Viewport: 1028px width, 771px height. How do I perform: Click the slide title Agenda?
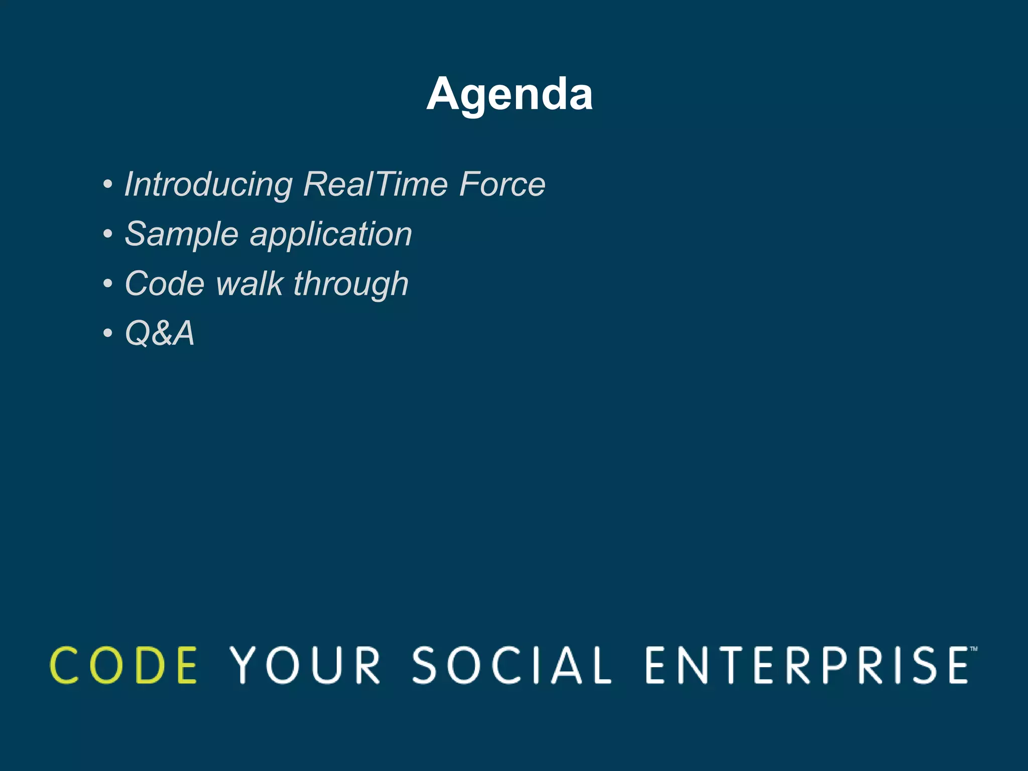(x=509, y=94)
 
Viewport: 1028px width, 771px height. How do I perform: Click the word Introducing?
(x=208, y=184)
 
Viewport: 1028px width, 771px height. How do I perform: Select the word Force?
(x=502, y=184)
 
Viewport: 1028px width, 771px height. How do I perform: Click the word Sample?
(x=181, y=234)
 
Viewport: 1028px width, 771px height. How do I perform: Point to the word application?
(x=331, y=235)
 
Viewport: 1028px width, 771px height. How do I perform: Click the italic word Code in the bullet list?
(x=165, y=284)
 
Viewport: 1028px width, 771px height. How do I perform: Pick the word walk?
(x=249, y=284)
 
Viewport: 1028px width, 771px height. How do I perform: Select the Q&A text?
(x=159, y=333)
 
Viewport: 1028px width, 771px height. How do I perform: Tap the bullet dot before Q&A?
(x=107, y=333)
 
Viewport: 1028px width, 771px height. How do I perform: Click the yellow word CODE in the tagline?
(x=124, y=665)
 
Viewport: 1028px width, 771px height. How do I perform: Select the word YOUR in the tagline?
(x=305, y=665)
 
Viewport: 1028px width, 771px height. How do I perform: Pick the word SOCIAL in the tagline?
(x=511, y=665)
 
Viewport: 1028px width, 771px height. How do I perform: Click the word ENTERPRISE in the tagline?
(x=807, y=665)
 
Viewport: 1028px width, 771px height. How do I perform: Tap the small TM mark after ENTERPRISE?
(x=973, y=649)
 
